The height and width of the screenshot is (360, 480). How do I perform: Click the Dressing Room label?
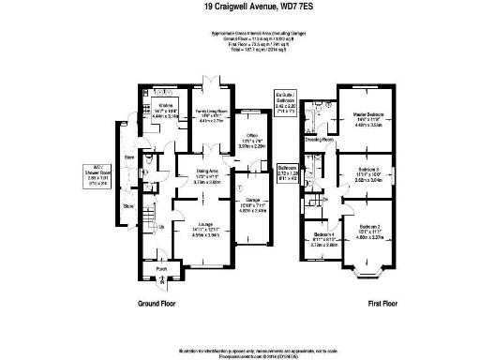coord(318,139)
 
